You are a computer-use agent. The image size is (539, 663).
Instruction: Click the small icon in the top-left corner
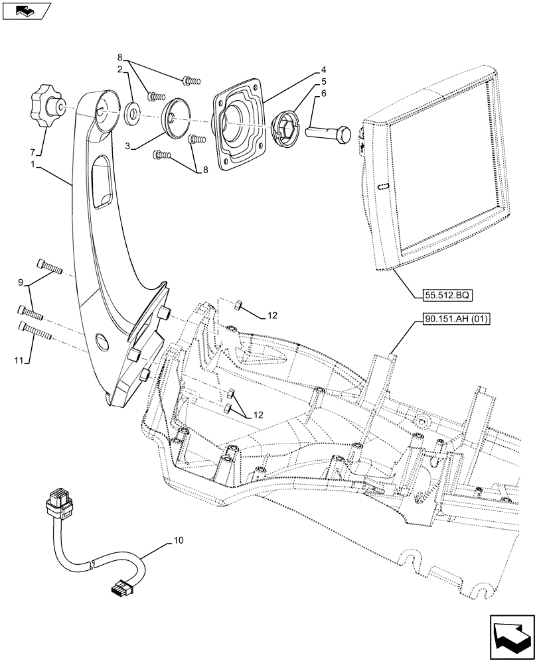click(x=27, y=10)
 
